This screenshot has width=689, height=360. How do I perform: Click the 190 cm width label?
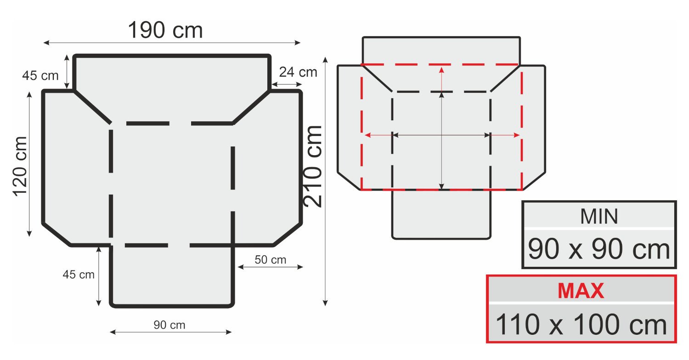tap(165, 30)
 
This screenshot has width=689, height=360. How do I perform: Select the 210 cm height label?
tap(312, 166)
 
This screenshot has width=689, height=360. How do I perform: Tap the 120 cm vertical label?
tap(20, 166)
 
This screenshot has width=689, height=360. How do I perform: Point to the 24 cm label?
tap(298, 72)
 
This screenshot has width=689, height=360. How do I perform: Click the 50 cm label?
tap(271, 260)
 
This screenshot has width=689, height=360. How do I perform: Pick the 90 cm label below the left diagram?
tap(169, 325)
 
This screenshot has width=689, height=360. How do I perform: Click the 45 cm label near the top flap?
tap(40, 76)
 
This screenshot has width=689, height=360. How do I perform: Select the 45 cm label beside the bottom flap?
tap(79, 275)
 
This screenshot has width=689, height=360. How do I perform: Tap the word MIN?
tap(599, 216)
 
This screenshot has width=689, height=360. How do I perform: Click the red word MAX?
tap(581, 291)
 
